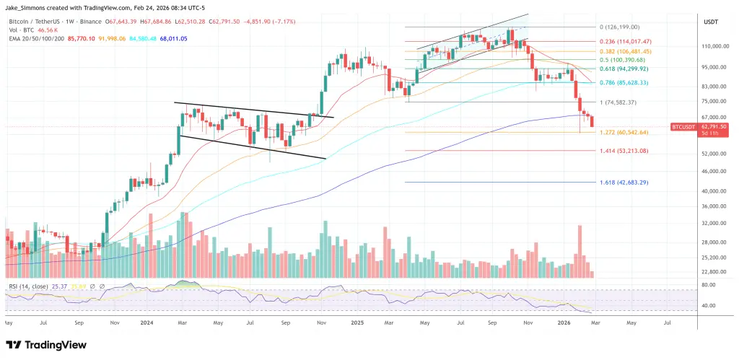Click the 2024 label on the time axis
point(147,325)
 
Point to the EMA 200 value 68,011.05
point(169,38)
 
